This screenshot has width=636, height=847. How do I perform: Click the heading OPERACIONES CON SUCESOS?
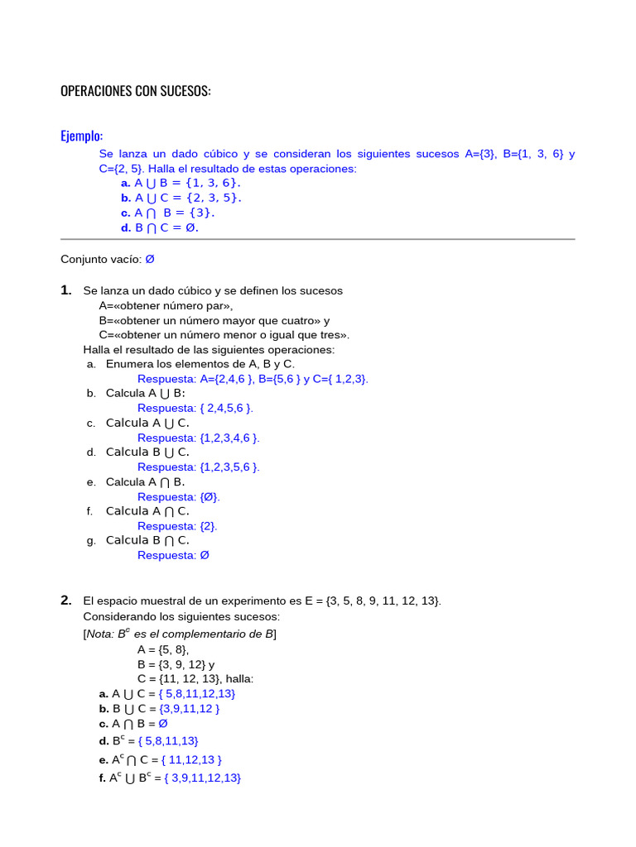pos(136,91)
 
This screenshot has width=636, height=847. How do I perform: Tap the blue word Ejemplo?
pos(81,136)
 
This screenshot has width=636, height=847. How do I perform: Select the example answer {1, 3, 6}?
pos(213,183)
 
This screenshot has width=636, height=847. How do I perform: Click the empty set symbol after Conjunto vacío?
pos(150,259)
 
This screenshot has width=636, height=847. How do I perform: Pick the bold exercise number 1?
pos(66,290)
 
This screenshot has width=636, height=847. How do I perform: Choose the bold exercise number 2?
pos(66,601)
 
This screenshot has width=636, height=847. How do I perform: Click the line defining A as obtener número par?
pos(166,305)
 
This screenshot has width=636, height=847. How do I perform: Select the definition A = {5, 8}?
pos(163,649)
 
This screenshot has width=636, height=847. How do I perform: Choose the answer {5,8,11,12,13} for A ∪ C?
pos(197,694)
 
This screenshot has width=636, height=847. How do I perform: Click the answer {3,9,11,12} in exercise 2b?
pos(190,709)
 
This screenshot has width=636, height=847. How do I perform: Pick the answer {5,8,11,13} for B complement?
pos(169,741)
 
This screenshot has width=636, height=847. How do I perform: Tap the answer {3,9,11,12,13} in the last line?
pos(202,778)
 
